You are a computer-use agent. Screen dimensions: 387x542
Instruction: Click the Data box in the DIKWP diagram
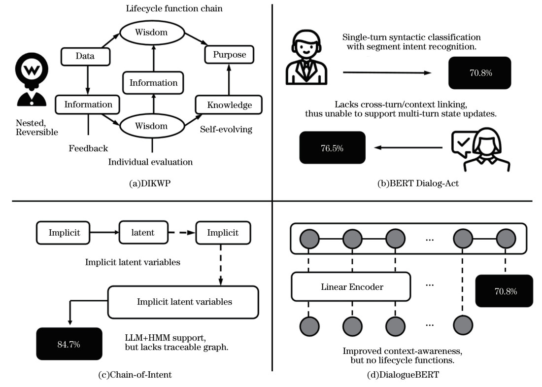pos(85,56)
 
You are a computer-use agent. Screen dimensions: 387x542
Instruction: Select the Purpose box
pos(226,54)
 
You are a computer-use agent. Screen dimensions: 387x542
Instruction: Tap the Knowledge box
pos(229,105)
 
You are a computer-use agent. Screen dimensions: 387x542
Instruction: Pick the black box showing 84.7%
pos(68,344)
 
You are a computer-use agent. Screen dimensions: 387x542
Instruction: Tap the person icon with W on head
pos(32,81)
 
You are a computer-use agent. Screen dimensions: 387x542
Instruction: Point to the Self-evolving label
pos(226,130)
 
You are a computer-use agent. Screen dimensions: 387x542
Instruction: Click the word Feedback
pos(88,148)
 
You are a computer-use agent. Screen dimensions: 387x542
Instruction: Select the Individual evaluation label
pos(150,161)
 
